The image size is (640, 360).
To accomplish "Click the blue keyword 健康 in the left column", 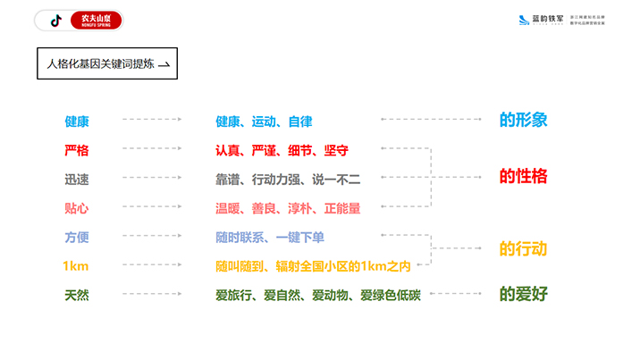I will pos(77,121).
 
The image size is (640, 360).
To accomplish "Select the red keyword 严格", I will pos(77,150).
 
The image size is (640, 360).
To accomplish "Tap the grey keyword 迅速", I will pos(77,180).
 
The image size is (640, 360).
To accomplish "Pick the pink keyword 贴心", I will pos(77,208).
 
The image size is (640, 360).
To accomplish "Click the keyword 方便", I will pos(77,238).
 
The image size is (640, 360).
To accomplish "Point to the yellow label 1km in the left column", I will pos(76,266).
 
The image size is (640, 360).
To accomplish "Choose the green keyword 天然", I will pos(77,295).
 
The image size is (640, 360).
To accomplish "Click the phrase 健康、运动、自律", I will pos(264,121).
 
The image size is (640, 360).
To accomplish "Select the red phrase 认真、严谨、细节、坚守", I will pos(282,150).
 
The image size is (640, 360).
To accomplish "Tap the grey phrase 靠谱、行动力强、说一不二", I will pos(288,180).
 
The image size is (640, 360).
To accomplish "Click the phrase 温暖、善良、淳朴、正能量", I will pos(288,208).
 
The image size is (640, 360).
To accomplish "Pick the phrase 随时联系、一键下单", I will pos(270,238).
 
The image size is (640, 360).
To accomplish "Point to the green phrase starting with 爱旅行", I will pos(317,295).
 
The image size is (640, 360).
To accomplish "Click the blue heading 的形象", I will pos(523,120).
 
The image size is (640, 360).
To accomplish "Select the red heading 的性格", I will pos(523,176).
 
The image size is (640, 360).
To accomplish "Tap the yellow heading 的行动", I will pos(523,249).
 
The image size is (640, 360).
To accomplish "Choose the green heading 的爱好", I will pos(523,294).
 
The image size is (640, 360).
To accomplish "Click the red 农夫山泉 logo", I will pos(96,20).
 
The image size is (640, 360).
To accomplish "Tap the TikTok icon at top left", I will pos(55,20).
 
